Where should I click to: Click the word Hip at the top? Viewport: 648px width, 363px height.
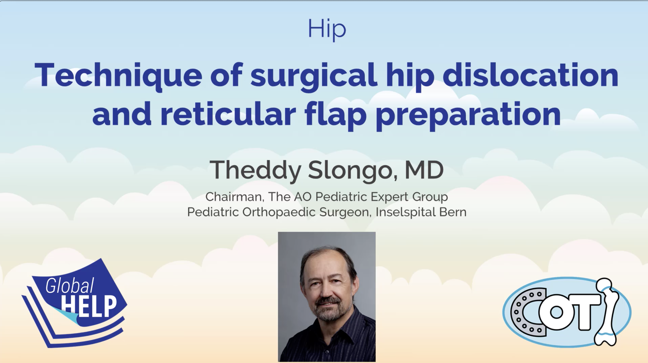click(327, 29)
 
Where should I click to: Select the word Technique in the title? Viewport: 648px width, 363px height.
click(118, 75)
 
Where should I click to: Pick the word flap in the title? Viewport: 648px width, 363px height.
click(335, 115)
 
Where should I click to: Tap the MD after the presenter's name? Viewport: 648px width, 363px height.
click(424, 170)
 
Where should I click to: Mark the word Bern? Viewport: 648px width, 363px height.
click(453, 212)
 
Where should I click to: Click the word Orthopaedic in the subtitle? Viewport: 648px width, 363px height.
click(279, 213)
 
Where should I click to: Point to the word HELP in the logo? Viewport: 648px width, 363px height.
click(89, 306)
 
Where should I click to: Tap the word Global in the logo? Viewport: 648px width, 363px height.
click(70, 286)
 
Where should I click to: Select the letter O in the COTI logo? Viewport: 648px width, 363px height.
click(556, 312)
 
